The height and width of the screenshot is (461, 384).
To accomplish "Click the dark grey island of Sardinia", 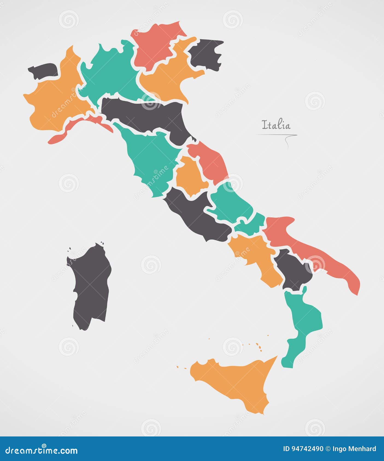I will tap(90, 286).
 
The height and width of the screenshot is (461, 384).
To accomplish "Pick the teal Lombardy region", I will tap(112, 74).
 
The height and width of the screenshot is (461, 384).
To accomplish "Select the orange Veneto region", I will tap(169, 79).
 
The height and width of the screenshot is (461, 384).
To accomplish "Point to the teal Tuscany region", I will tap(150, 158).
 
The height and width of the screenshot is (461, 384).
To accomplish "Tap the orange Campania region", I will tap(254, 254).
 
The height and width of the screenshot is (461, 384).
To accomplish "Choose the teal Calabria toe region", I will tap(303, 322).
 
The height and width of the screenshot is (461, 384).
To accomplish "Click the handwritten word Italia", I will tap(276, 125).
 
